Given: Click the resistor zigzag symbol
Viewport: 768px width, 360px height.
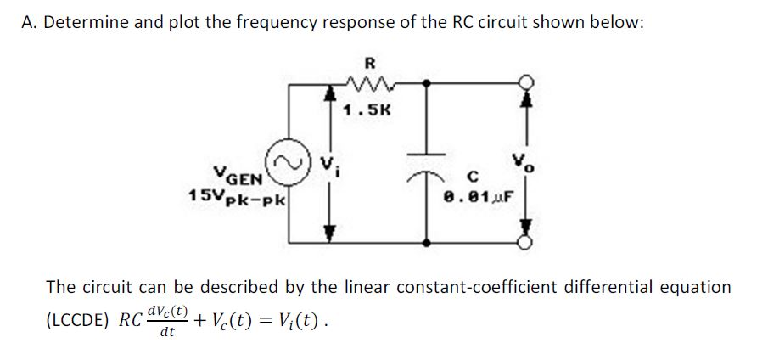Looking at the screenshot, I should (367, 83).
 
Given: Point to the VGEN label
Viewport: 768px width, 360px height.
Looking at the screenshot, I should (243, 176).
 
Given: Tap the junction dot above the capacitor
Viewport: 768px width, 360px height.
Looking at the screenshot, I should (427, 83).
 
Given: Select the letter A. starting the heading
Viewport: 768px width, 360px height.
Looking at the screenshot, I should (28, 22).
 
